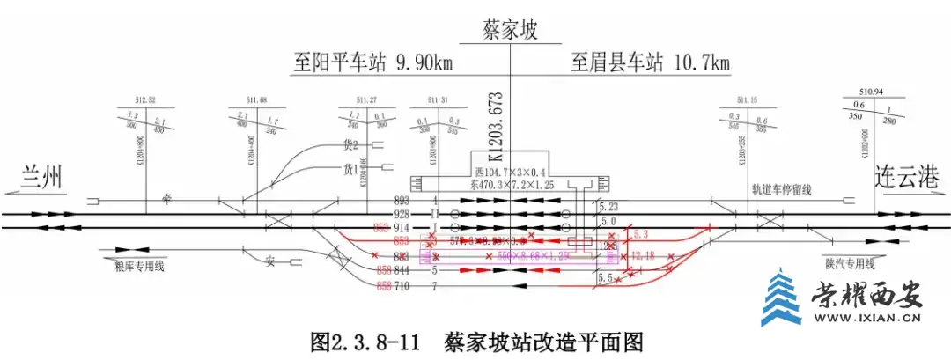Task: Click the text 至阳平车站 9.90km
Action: [373, 64]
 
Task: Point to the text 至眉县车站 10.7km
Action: [651, 64]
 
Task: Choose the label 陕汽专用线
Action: [850, 261]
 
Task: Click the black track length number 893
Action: [402, 200]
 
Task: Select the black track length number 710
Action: [402, 287]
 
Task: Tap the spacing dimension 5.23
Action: [608, 207]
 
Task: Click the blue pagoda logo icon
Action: [778, 299]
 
